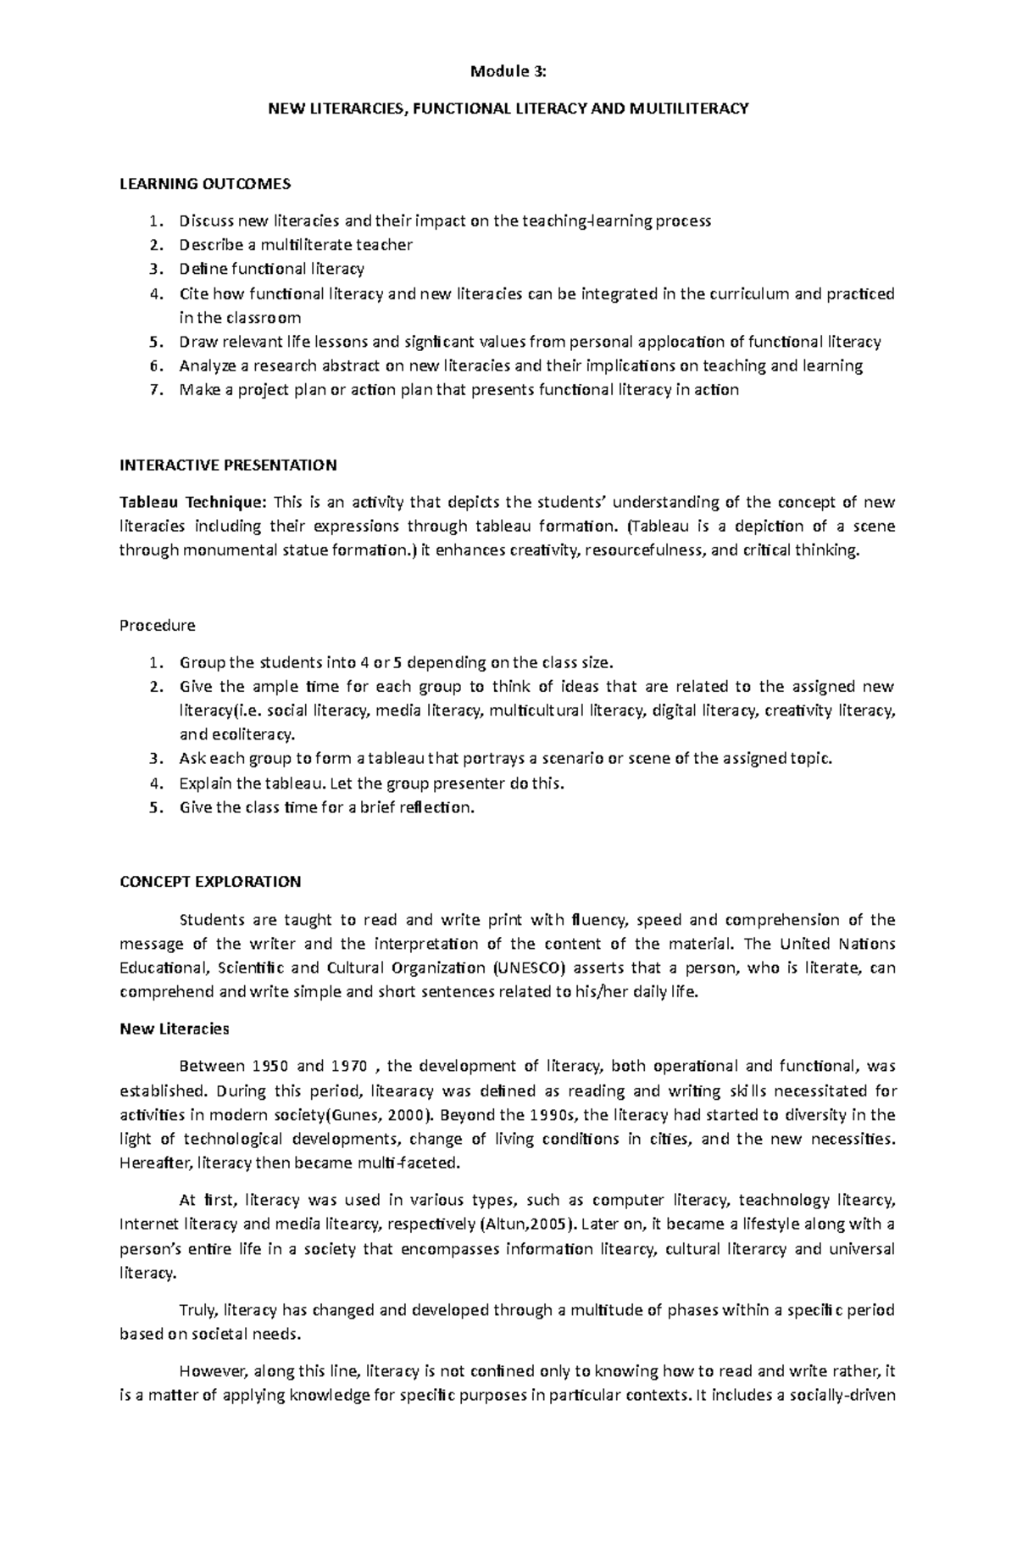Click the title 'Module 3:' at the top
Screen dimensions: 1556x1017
pos(508,72)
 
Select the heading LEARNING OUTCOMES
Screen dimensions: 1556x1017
pos(205,184)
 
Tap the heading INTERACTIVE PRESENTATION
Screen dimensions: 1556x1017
pos(228,465)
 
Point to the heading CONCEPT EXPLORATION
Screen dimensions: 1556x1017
pos(210,882)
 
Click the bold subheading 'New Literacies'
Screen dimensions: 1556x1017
pos(175,1029)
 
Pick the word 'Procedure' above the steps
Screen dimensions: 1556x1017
pos(158,626)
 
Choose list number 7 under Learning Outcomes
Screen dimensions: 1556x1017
pos(153,390)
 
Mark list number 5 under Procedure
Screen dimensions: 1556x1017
pos(153,807)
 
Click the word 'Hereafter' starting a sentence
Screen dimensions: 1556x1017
pos(149,1163)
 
